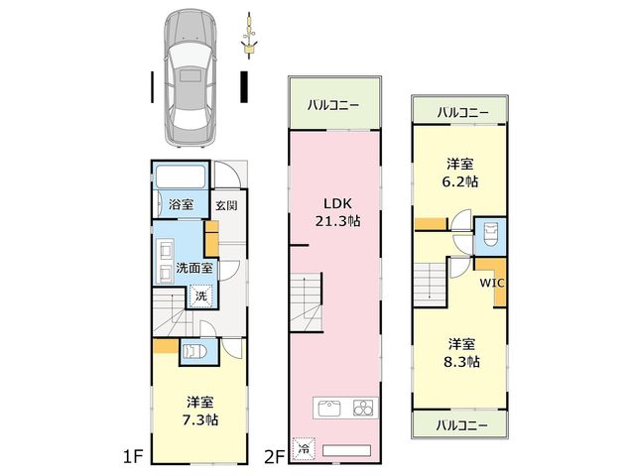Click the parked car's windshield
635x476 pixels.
[x=190, y=52]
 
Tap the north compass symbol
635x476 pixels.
[x=249, y=36]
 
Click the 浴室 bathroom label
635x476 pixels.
[x=181, y=204]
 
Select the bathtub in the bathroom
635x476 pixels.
[x=181, y=177]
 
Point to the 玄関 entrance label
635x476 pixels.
[x=226, y=205]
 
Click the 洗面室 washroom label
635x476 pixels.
[x=194, y=268]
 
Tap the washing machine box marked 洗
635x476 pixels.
[x=200, y=296]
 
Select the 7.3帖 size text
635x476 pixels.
[x=200, y=420]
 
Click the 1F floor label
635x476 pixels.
[x=133, y=457]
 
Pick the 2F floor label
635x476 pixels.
[x=275, y=457]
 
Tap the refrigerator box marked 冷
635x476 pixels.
[x=304, y=449]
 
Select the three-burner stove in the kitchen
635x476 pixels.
[x=363, y=408]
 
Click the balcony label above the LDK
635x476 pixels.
[x=333, y=106]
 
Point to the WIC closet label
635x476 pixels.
[x=492, y=283]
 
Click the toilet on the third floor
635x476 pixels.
[x=490, y=234]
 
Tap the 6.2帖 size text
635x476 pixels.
[x=460, y=181]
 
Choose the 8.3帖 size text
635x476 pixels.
[x=461, y=361]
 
